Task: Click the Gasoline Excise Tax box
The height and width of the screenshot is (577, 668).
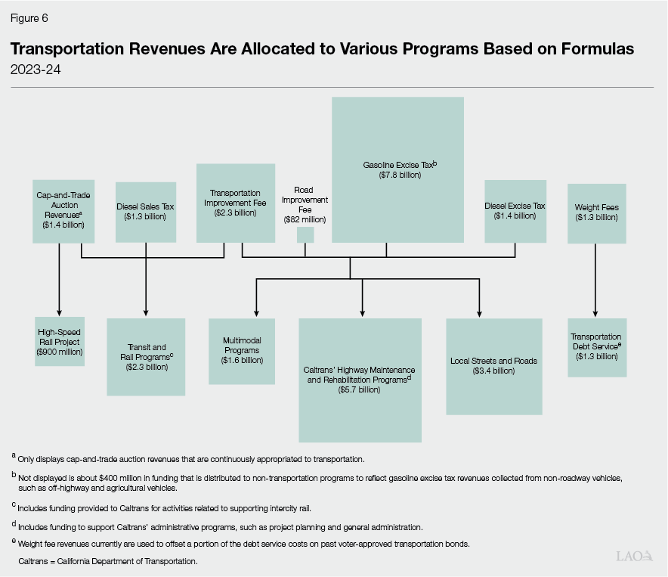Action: coord(397,169)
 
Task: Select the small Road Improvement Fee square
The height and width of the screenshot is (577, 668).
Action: coord(305,234)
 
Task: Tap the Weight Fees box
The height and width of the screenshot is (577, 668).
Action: coord(596,212)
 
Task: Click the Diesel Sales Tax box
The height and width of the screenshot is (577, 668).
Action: coord(146,212)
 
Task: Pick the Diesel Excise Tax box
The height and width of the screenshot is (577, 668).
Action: coord(515,211)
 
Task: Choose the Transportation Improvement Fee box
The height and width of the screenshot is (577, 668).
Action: coord(235,203)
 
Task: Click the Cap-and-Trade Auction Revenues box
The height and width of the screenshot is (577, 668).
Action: coord(63,210)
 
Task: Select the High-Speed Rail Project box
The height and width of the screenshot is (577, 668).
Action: coord(59,342)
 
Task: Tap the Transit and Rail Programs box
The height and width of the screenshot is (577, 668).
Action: coord(146,356)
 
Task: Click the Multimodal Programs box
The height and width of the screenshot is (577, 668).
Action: coord(241,350)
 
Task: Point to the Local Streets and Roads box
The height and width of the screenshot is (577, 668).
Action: coord(493,366)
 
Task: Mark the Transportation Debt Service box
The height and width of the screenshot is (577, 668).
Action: coord(596,346)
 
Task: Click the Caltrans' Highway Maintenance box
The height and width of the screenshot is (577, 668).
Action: coord(360,380)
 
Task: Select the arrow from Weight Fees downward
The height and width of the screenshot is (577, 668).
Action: coord(596,280)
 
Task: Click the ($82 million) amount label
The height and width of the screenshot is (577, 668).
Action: coord(305,219)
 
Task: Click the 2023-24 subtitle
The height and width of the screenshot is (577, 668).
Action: coord(35,70)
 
